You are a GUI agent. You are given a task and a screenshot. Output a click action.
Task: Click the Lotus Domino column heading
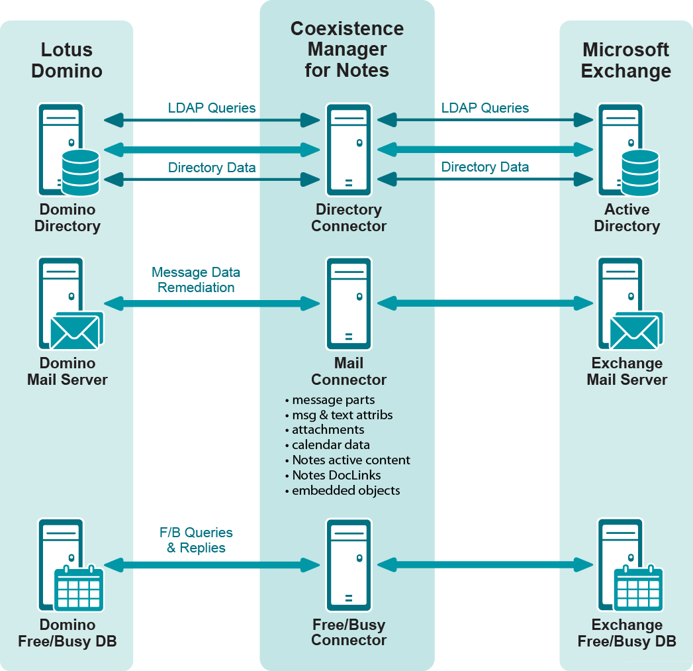point(67,60)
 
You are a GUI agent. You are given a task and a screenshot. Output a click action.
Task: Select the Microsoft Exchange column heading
point(626,60)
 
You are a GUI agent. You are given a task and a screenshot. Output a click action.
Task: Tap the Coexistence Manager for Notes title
point(347,50)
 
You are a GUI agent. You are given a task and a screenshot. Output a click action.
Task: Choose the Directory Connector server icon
point(348,148)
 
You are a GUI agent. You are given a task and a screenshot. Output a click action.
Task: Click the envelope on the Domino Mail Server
point(75,331)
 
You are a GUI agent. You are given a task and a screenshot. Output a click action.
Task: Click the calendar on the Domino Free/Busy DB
point(79,588)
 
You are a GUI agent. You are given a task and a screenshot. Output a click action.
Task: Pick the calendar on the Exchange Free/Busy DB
point(639,588)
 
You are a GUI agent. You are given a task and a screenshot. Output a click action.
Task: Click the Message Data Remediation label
point(196,280)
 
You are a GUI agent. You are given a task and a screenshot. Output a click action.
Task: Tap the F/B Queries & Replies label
point(196,541)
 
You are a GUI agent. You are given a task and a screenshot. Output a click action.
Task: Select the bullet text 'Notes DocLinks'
point(336,476)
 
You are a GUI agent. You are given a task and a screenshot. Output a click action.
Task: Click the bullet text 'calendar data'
point(331,445)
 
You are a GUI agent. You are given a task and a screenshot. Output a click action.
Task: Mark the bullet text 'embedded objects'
point(346,491)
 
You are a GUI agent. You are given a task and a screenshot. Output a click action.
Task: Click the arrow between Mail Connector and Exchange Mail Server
point(485,303)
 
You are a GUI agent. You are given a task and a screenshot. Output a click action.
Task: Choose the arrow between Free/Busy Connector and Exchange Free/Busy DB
point(485,565)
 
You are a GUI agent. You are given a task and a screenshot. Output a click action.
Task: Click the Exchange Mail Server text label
point(627,372)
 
